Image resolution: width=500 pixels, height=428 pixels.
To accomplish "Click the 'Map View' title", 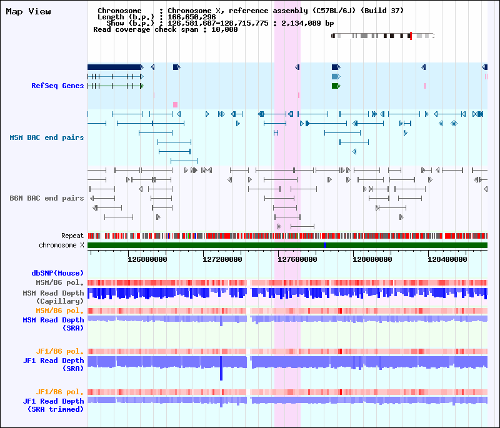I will coord(28,12).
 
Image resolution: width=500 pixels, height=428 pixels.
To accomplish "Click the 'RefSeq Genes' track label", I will coord(57,86).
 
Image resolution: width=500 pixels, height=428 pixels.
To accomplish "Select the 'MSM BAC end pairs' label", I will coord(46,137).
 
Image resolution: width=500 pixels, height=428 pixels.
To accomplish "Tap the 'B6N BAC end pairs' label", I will coord(46,198).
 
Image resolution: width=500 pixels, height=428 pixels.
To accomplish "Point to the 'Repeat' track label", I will coord(72,236).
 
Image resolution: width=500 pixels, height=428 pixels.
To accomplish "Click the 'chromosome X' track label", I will coord(61,246).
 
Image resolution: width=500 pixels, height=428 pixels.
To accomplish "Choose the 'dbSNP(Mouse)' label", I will coord(57,273).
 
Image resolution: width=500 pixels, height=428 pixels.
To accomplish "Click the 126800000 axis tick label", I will coord(147,259).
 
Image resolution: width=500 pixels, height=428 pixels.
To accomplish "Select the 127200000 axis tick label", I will coord(222,259).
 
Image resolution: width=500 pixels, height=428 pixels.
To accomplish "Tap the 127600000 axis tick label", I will coord(297,259).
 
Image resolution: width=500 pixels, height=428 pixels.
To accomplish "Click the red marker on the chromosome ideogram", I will coord(411,36).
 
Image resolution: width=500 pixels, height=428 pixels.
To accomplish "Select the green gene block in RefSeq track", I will coord(336,86).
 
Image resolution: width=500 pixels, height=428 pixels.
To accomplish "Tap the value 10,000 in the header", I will coord(224,29).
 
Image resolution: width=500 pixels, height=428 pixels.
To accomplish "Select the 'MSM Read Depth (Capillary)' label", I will coord(53,297).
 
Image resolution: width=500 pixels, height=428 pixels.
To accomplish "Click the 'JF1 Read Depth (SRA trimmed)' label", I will coord(53,405).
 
